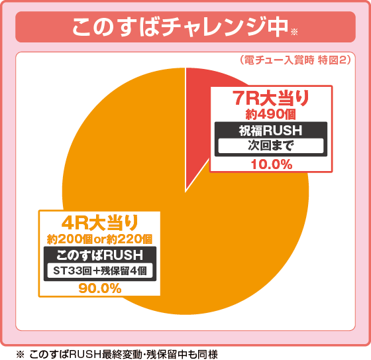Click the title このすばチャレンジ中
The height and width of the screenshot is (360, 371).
point(179,27)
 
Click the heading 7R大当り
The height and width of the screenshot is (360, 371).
point(271,99)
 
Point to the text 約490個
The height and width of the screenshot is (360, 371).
point(270,115)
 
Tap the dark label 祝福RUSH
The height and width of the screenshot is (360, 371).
point(270,131)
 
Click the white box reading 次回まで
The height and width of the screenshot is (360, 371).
point(270,146)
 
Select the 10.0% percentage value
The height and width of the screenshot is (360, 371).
point(270,164)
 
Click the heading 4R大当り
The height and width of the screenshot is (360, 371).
point(100,221)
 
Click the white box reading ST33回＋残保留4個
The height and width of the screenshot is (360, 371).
point(100,270)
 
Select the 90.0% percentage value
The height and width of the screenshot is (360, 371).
point(100,288)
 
